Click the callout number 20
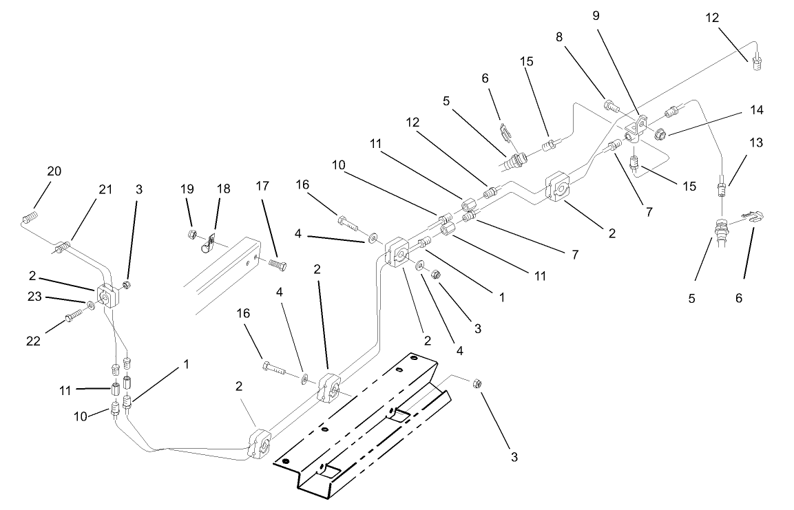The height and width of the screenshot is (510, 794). click(x=54, y=171)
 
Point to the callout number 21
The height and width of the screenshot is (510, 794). click(x=105, y=190)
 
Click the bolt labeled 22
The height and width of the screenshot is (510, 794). click(x=72, y=317)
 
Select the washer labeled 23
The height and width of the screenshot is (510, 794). click(x=91, y=305)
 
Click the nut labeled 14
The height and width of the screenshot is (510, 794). click(x=660, y=134)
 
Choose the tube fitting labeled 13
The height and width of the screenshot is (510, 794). click(x=721, y=186)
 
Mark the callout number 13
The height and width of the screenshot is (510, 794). click(x=756, y=142)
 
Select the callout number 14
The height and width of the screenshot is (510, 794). click(x=757, y=109)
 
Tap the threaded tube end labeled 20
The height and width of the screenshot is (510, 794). click(x=28, y=219)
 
